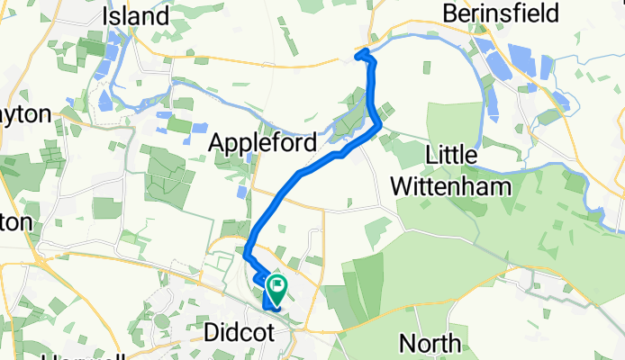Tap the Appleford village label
tap(263, 143)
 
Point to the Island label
tap(136, 15)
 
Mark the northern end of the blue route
tap(360, 57)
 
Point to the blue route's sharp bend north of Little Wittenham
tap(377, 127)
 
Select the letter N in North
tap(406, 343)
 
